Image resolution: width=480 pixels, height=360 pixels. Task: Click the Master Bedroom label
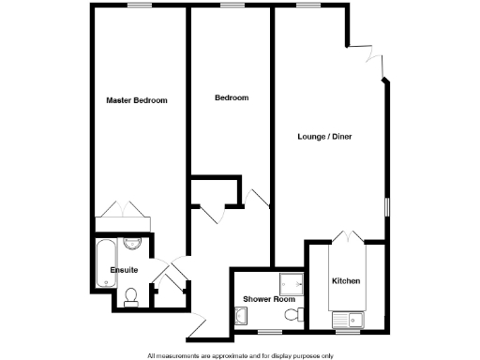pyautogui.click(x=136, y=100)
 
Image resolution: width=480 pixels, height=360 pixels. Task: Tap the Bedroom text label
pyautogui.click(x=231, y=97)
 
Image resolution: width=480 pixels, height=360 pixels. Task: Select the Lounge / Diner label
pyautogui.click(x=324, y=137)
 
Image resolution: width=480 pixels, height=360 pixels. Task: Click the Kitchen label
pyautogui.click(x=347, y=281)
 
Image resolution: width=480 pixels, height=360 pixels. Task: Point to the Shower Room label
pyautogui.click(x=263, y=299)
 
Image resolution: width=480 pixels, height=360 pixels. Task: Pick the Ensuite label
pyautogui.click(x=124, y=270)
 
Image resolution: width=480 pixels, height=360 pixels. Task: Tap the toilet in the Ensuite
pyautogui.click(x=132, y=298)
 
